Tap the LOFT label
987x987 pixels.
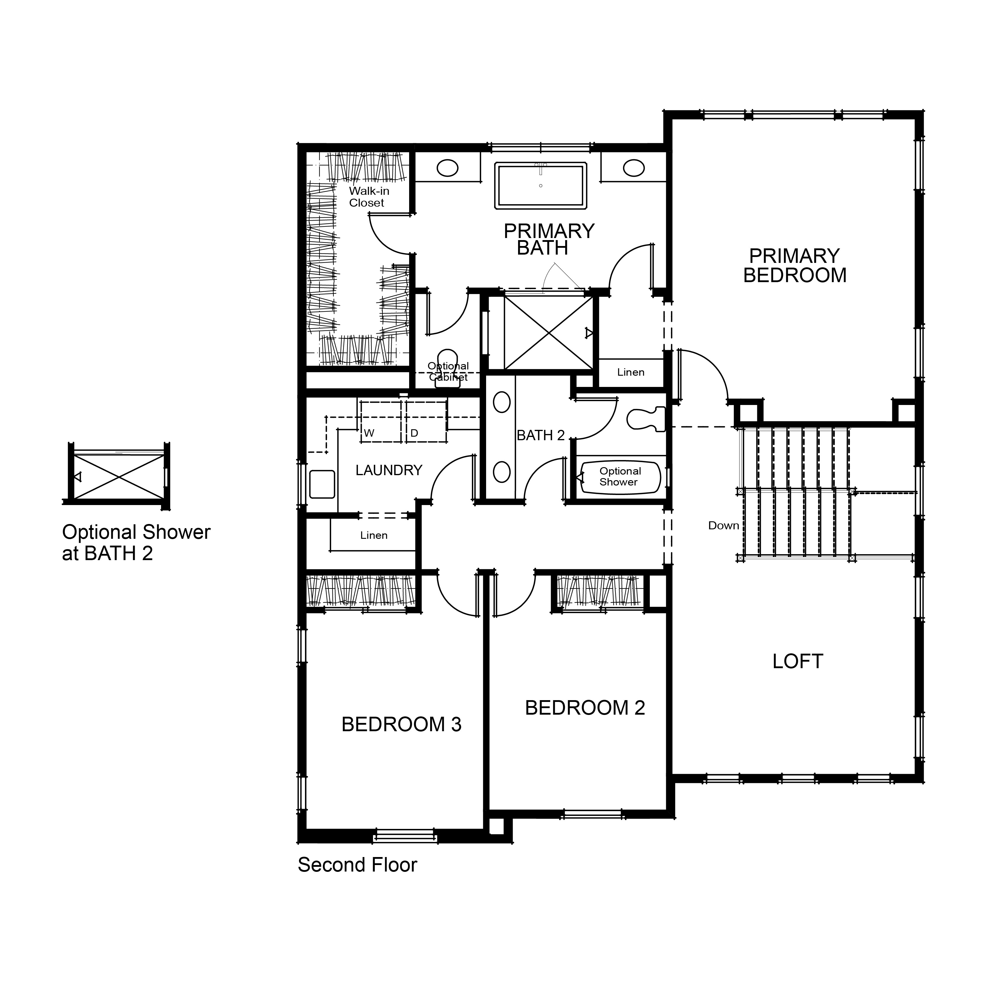point(798,662)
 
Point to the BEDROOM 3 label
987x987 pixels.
point(401,724)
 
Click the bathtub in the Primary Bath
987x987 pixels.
point(541,185)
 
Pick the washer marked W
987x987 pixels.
point(381,422)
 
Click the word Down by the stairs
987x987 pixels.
point(724,526)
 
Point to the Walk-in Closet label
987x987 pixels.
point(369,197)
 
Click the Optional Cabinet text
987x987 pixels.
point(448,372)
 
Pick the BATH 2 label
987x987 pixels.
point(541,435)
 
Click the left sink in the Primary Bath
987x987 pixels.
point(448,168)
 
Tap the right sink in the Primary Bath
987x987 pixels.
point(634,168)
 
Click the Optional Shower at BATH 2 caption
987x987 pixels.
point(136,543)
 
